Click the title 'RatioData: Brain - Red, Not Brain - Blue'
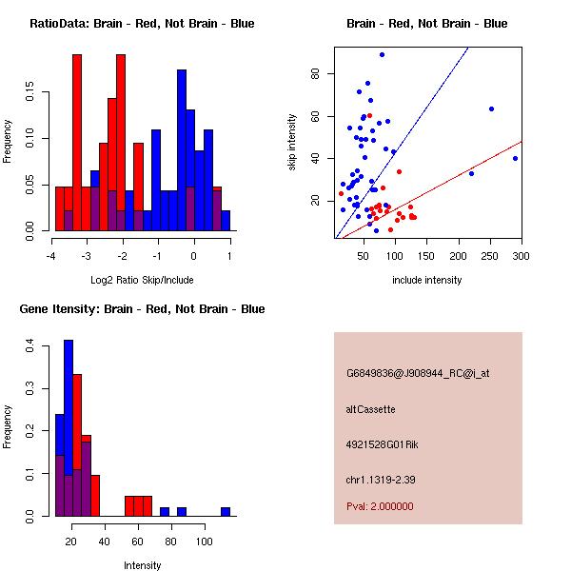[142, 24]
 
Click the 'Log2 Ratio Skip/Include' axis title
[142, 280]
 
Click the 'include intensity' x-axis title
[427, 280]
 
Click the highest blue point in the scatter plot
[382, 54]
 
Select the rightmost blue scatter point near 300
[515, 158]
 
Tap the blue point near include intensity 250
[491, 108]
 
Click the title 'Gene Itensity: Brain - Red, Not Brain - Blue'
[142, 309]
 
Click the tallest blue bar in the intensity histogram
[69, 428]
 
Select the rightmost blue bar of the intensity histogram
[226, 511]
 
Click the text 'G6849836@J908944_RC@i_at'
[418, 374]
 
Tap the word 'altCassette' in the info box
[370, 409]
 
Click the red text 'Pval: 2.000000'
[380, 506]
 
